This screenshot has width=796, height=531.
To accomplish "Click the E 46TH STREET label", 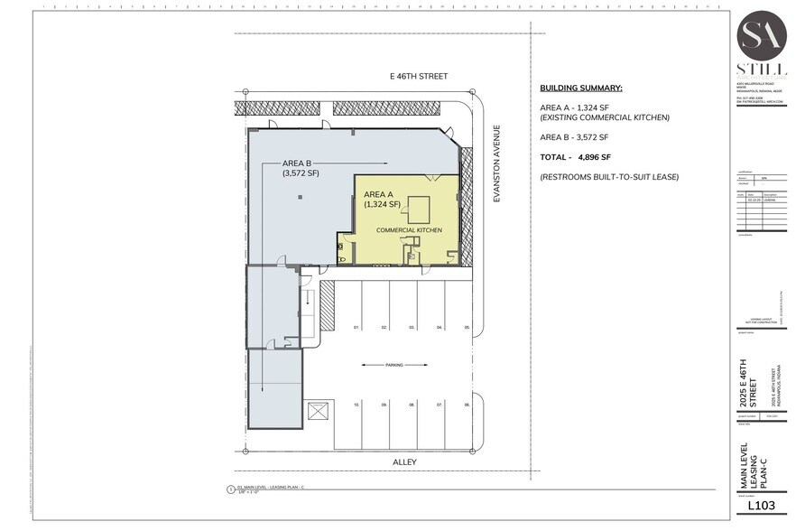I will coord(414,77).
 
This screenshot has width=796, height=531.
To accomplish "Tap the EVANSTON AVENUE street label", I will coord(495,163).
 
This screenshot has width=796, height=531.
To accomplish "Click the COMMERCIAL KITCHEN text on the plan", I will coord(409,230).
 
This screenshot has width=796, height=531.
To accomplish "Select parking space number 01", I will coord(356,326).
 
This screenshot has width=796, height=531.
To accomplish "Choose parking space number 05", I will coord(467,326).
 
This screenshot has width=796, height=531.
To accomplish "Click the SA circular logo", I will coord(763,35).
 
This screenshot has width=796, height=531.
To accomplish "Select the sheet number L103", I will coord(764,506).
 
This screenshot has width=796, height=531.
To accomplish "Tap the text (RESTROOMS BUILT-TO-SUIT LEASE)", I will coord(609,177).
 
